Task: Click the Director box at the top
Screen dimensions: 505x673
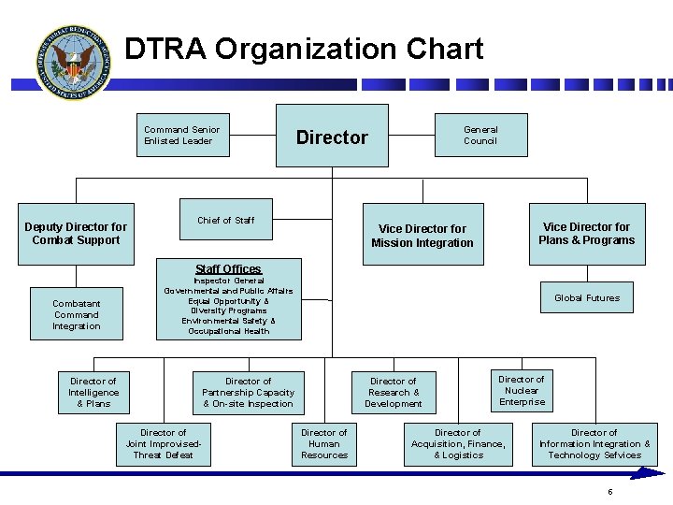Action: tap(332, 137)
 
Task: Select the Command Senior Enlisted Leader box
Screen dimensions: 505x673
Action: tap(182, 136)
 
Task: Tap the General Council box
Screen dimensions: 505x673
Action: tap(480, 136)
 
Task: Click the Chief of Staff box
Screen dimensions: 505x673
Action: tap(226, 221)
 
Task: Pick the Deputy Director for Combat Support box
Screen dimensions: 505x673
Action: tap(76, 234)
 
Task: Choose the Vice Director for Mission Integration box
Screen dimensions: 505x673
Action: tap(422, 236)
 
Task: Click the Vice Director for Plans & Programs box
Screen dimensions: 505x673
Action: tap(586, 234)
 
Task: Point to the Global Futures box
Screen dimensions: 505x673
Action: tap(586, 298)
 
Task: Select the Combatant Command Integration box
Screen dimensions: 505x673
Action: tap(77, 315)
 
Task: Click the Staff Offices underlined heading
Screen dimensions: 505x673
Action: tap(228, 269)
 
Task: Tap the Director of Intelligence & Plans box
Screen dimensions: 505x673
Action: tap(93, 393)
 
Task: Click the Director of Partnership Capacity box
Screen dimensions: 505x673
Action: tap(248, 393)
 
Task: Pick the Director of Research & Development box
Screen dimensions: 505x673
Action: tap(393, 393)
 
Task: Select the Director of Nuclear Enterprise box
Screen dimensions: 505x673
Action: tap(522, 391)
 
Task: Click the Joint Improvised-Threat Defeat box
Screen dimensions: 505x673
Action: tap(163, 444)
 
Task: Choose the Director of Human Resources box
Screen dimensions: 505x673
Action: tap(323, 444)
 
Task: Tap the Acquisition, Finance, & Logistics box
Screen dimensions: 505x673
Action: tap(458, 444)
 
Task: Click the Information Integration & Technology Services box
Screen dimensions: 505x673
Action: tap(594, 444)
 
